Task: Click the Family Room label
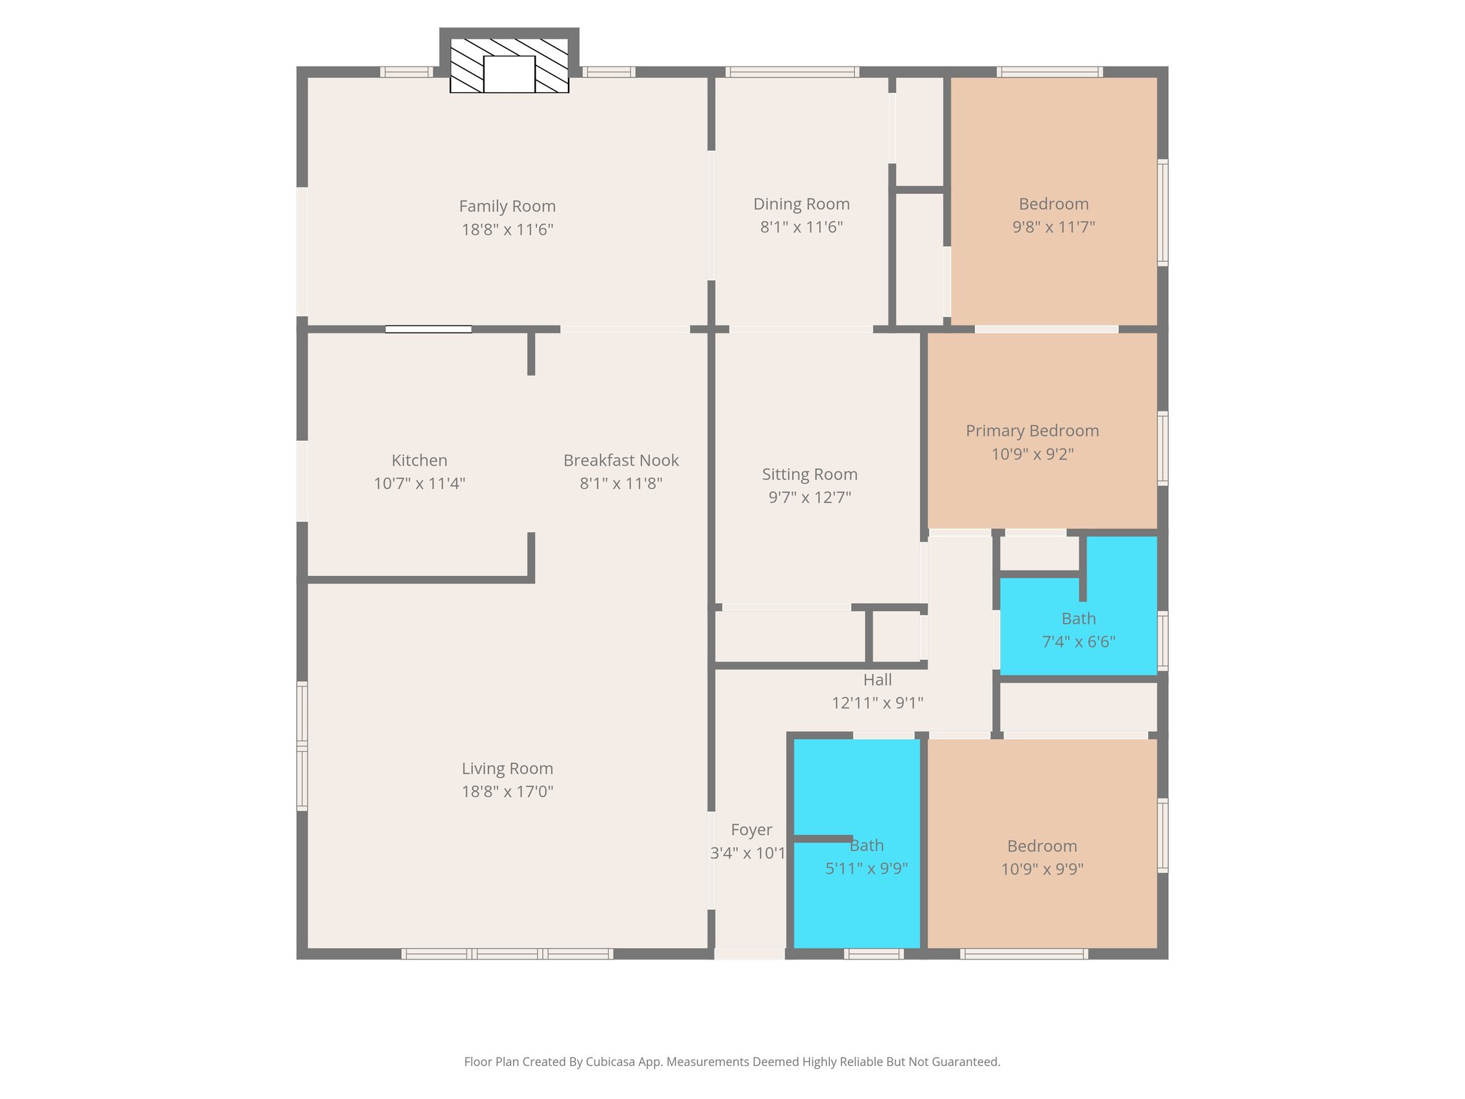coord(507,206)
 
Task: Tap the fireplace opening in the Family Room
coord(509,74)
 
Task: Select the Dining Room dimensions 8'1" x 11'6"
coord(801,228)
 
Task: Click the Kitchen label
coord(419,460)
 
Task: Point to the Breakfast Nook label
coord(621,460)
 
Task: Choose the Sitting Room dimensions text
coord(810,497)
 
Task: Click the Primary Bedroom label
coord(1032,431)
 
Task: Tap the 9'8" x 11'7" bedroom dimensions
coord(1053,228)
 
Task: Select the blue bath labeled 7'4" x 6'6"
coord(1078,630)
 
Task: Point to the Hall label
coord(877,680)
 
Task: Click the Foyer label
coord(751,830)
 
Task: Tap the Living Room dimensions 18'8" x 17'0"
coord(507,791)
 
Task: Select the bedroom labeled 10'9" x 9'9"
coord(1042,857)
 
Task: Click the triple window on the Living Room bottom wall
coord(507,953)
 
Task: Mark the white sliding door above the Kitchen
coord(428,329)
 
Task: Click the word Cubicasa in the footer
coord(612,1062)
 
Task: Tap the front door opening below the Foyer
coord(750,953)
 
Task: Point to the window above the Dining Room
coord(791,72)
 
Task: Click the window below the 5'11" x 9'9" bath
coord(873,953)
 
